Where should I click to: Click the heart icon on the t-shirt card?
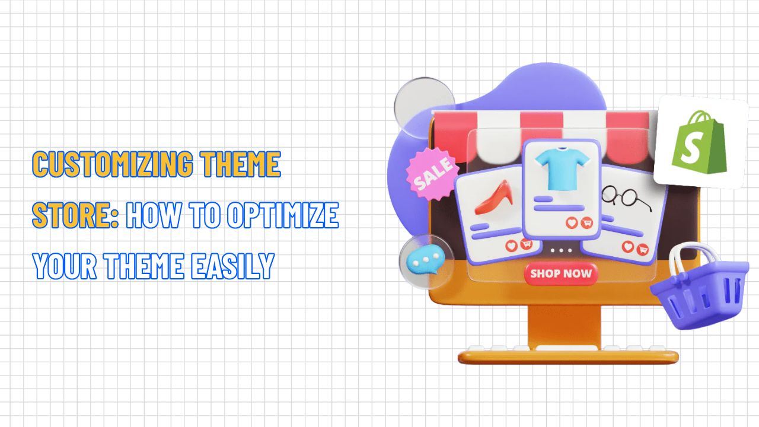tap(572, 223)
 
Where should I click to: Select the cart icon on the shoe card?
tap(525, 244)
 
